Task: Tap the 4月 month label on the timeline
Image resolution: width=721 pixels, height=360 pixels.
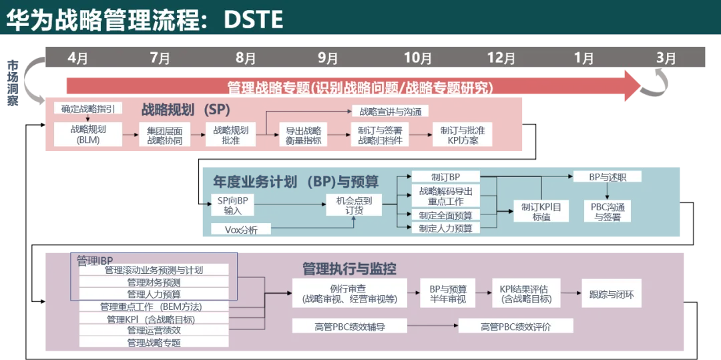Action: [77, 58]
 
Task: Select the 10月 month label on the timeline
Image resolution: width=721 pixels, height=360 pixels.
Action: [418, 58]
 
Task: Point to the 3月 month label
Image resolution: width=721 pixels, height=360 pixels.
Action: [666, 58]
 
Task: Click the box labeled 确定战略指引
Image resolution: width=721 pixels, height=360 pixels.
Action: [87, 108]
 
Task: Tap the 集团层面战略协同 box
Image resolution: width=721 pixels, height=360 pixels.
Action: [164, 135]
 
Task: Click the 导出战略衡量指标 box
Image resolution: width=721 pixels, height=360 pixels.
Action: [304, 135]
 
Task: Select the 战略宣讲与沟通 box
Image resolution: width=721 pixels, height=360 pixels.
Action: [391, 111]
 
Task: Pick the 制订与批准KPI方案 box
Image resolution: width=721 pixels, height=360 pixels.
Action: [462, 135]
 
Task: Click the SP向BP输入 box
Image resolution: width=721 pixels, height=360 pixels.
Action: [232, 205]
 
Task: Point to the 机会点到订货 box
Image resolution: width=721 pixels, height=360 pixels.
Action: [354, 205]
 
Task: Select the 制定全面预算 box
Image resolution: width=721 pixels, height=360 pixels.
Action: [445, 215]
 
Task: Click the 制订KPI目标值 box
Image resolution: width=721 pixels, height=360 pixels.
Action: [541, 212]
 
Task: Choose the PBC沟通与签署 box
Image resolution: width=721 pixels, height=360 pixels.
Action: [608, 212]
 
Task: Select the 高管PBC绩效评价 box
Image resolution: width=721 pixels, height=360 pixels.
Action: [517, 327]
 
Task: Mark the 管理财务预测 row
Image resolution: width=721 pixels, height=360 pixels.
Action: [154, 283]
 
